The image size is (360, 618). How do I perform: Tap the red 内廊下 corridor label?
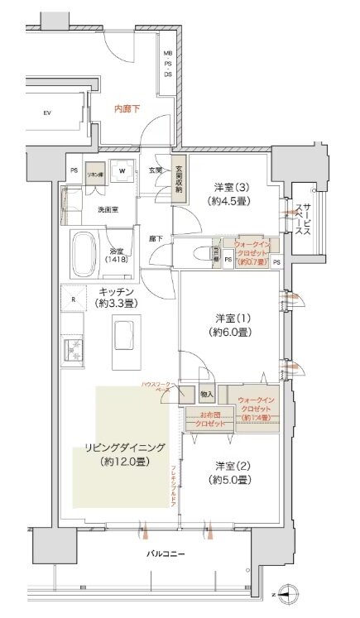tap(127, 107)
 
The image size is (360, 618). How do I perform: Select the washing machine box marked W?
tap(122, 173)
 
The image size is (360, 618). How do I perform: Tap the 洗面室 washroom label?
tap(107, 209)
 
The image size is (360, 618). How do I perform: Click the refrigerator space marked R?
tap(74, 299)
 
